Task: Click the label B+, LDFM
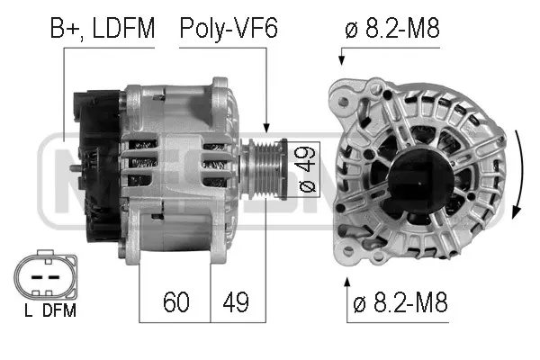(101, 29)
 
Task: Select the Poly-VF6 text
(228, 29)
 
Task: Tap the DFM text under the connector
(58, 311)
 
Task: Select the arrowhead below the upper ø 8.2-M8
(342, 60)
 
